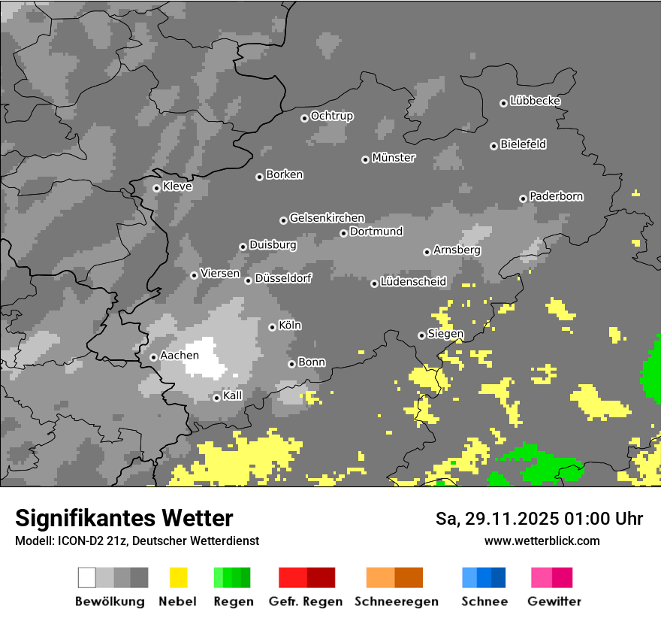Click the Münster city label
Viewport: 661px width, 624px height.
point(394,158)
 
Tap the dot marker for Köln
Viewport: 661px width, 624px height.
point(272,327)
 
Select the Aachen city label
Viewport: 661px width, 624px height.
point(180,355)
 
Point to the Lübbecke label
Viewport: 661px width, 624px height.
point(535,101)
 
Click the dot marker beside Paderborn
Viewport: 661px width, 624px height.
point(523,198)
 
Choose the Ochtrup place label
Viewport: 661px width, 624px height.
point(331,116)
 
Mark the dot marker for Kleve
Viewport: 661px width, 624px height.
point(156,188)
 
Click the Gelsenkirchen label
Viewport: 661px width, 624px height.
point(327,218)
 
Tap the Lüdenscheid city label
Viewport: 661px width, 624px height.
point(413,282)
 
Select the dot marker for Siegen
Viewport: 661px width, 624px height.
point(421,335)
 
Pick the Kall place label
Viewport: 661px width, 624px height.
point(232,395)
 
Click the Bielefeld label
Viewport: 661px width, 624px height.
point(523,144)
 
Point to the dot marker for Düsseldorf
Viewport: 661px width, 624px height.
point(248,280)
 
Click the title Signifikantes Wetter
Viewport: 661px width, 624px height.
point(124,518)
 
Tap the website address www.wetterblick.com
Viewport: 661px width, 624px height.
point(542,541)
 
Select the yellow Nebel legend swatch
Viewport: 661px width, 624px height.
point(179,577)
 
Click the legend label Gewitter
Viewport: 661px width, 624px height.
point(554,601)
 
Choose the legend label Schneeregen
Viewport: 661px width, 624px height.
point(396,601)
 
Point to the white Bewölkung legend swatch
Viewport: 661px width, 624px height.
point(87,577)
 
